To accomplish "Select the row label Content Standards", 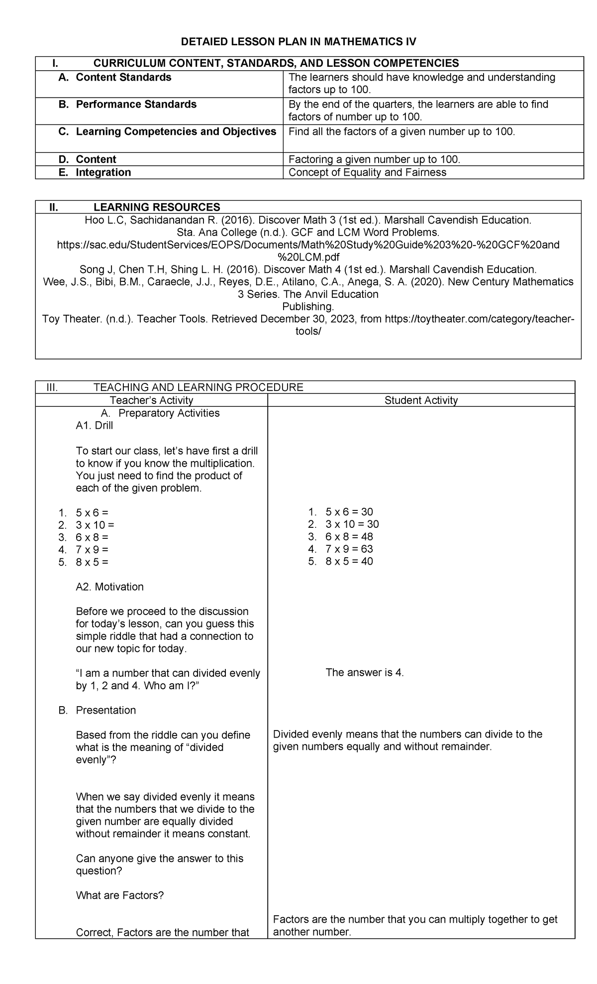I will pos(123,77).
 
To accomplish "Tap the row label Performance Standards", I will pos(135,104).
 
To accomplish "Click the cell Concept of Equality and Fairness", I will pos(367,172).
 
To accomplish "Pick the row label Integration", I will pos(103,172).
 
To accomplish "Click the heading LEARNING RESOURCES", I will pos(157,207).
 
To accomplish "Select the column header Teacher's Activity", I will pos(151,400).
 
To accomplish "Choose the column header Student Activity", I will pos(421,400).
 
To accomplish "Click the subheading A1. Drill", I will pos(94,426).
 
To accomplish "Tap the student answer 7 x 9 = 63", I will pos(349,549).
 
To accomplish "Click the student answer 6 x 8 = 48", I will pos(349,537).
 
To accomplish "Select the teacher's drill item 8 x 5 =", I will pos(92,562).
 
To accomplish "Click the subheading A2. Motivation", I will pos(109,587).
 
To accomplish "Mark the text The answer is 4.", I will pos(365,673).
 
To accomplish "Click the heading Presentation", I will pos(105,710).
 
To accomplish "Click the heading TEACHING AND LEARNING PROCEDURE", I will pos(198,387).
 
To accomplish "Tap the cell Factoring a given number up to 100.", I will pos(374,159).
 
